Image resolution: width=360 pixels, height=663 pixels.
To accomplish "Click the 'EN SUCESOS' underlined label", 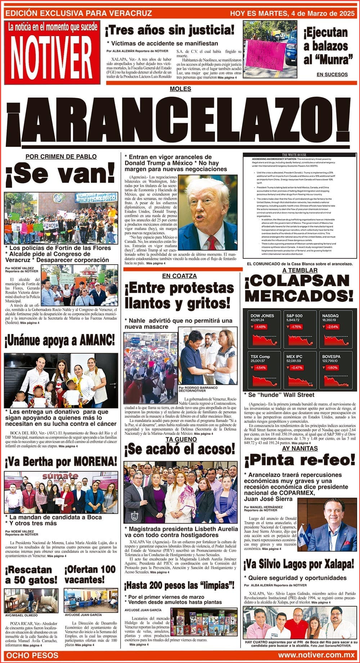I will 332,75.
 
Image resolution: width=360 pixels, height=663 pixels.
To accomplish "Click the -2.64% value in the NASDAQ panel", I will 332,327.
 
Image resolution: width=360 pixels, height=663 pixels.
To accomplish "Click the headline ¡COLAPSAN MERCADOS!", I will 299,288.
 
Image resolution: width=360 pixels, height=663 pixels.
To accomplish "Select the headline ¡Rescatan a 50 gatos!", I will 31,574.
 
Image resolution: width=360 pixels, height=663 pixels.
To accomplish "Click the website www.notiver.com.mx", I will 316,655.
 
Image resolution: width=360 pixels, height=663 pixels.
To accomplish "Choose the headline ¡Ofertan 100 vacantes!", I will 90,574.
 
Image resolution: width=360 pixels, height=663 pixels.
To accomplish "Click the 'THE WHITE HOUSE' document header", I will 299,155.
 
